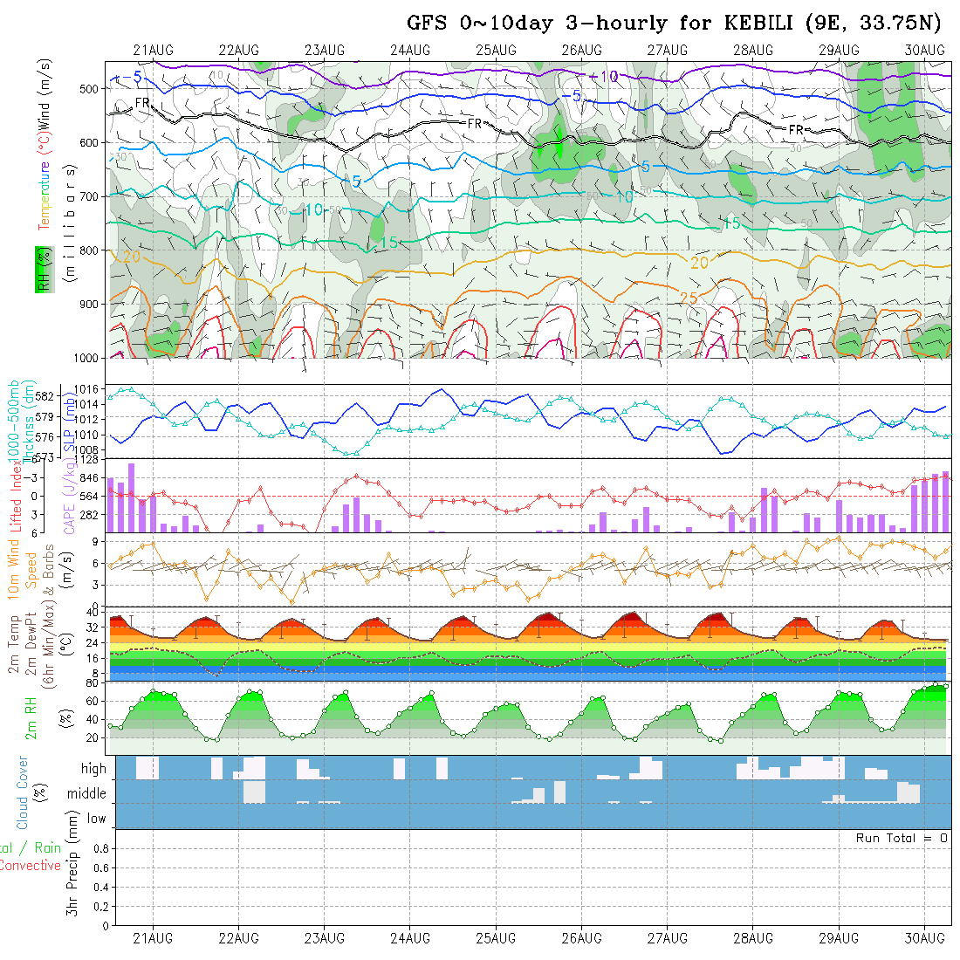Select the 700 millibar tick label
point(88,196)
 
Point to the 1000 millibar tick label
point(85,358)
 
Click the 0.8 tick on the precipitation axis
point(99,848)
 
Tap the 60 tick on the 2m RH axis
point(90,701)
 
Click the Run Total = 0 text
point(902,838)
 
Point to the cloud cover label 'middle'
point(86,793)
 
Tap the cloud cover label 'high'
point(93,769)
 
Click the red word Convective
point(31,866)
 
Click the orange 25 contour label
point(688,298)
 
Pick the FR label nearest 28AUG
point(796,129)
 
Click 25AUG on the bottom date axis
point(496,938)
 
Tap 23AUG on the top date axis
point(325,50)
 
